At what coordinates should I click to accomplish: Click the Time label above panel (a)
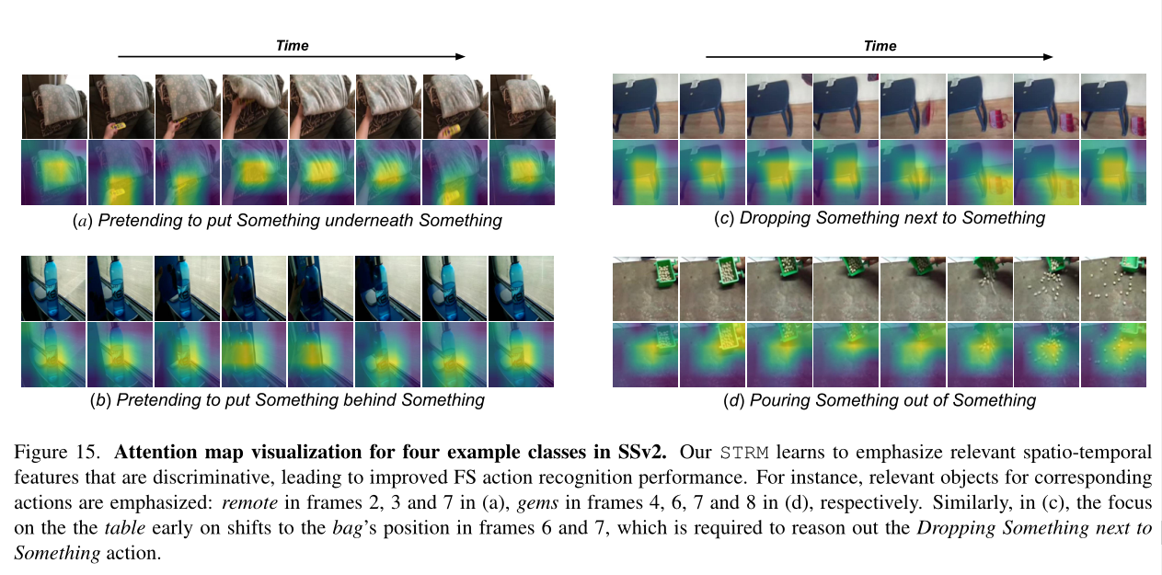[x=293, y=45]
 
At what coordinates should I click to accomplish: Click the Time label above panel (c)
[x=880, y=45]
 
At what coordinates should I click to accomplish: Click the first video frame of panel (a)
[x=54, y=106]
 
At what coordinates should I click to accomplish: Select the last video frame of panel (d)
[x=1112, y=289]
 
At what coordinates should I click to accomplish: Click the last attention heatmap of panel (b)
[x=521, y=354]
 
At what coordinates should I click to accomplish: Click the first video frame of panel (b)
[x=53, y=289]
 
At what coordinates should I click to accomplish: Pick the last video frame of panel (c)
[x=1112, y=106]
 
